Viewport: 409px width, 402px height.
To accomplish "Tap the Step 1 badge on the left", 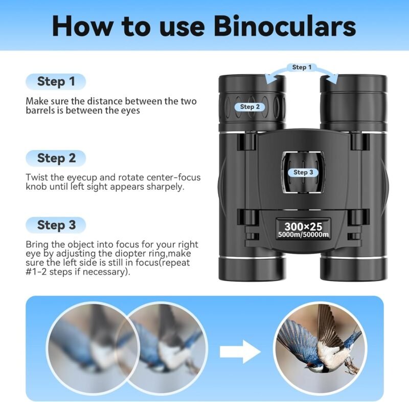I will (56, 81).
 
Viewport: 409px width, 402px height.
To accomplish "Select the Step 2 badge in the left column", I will (56, 158).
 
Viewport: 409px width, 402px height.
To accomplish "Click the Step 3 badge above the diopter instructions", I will (56, 225).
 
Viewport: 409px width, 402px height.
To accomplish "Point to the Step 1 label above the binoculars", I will (299, 67).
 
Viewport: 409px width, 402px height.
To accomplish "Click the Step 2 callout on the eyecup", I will (250, 107).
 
